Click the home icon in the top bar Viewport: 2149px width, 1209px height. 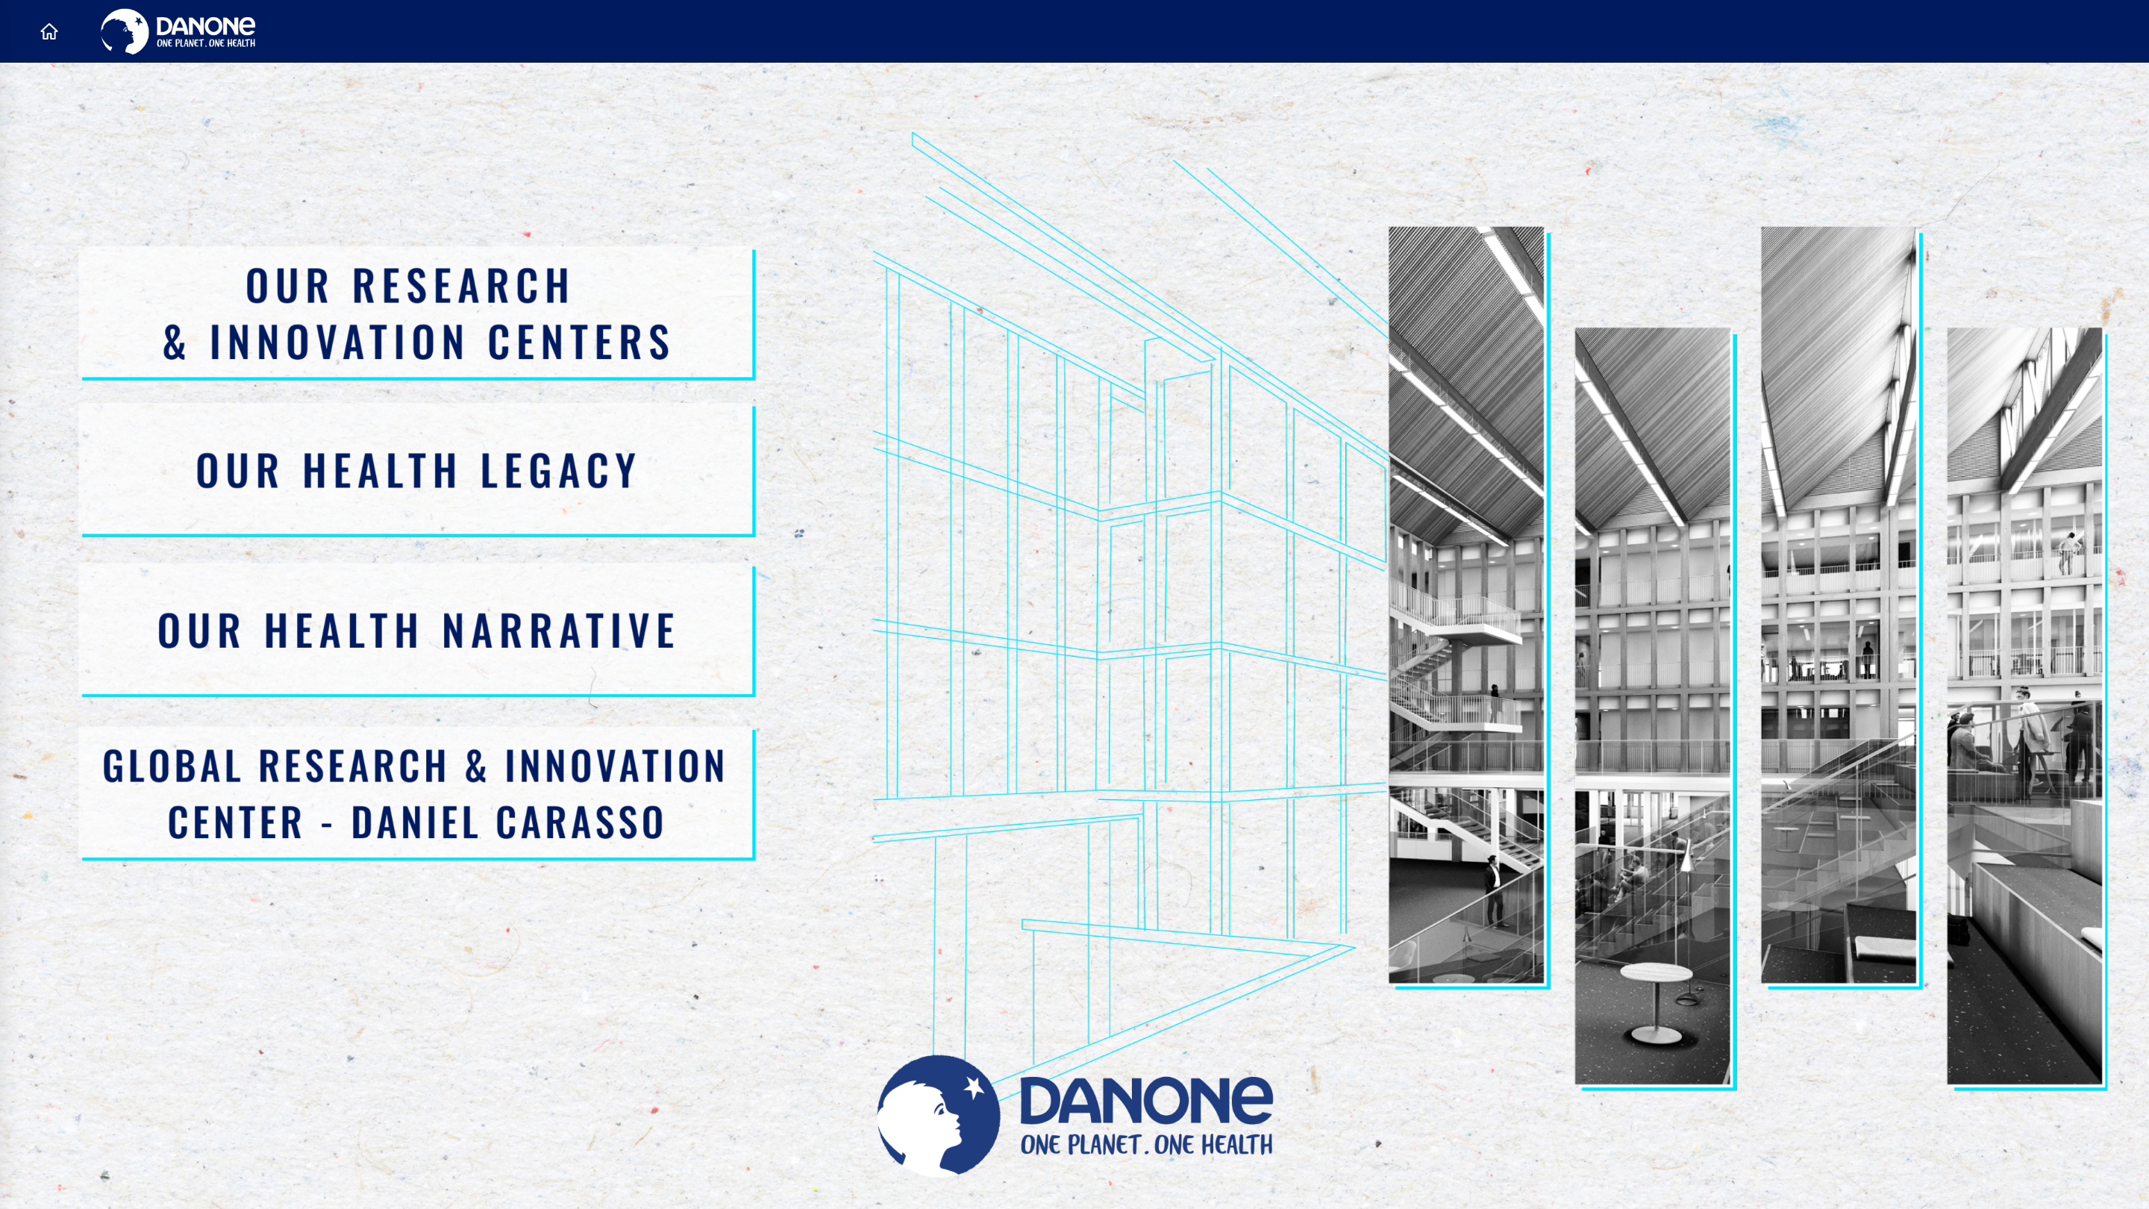click(x=49, y=31)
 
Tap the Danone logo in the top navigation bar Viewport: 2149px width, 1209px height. click(x=178, y=31)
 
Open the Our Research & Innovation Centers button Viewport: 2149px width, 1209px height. click(x=417, y=313)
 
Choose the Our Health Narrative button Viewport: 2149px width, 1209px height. click(x=417, y=630)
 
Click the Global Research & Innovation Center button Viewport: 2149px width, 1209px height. click(x=417, y=793)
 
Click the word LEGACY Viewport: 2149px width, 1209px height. click(x=559, y=471)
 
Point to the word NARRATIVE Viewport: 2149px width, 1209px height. click(x=559, y=630)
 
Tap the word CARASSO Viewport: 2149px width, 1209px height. click(x=581, y=822)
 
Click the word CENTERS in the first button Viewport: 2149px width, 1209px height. click(x=579, y=342)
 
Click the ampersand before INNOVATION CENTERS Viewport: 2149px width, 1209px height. click(x=175, y=342)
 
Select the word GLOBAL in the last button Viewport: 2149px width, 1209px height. click(x=172, y=766)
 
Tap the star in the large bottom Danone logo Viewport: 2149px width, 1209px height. click(x=974, y=1087)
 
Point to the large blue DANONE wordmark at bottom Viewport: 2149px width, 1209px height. click(x=1146, y=1100)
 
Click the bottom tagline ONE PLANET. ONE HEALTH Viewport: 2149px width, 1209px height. click(x=1146, y=1144)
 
